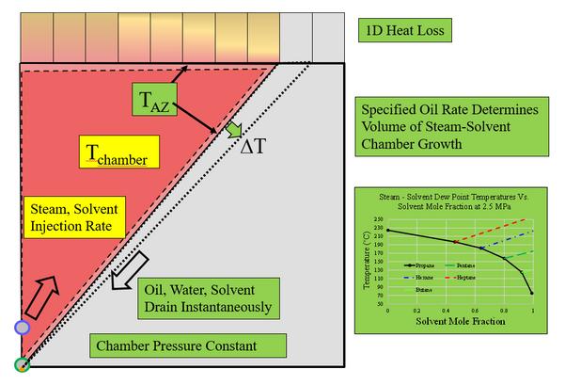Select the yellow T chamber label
coord(117,153)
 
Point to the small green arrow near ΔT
coord(231,128)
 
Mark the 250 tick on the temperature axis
coord(378,219)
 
